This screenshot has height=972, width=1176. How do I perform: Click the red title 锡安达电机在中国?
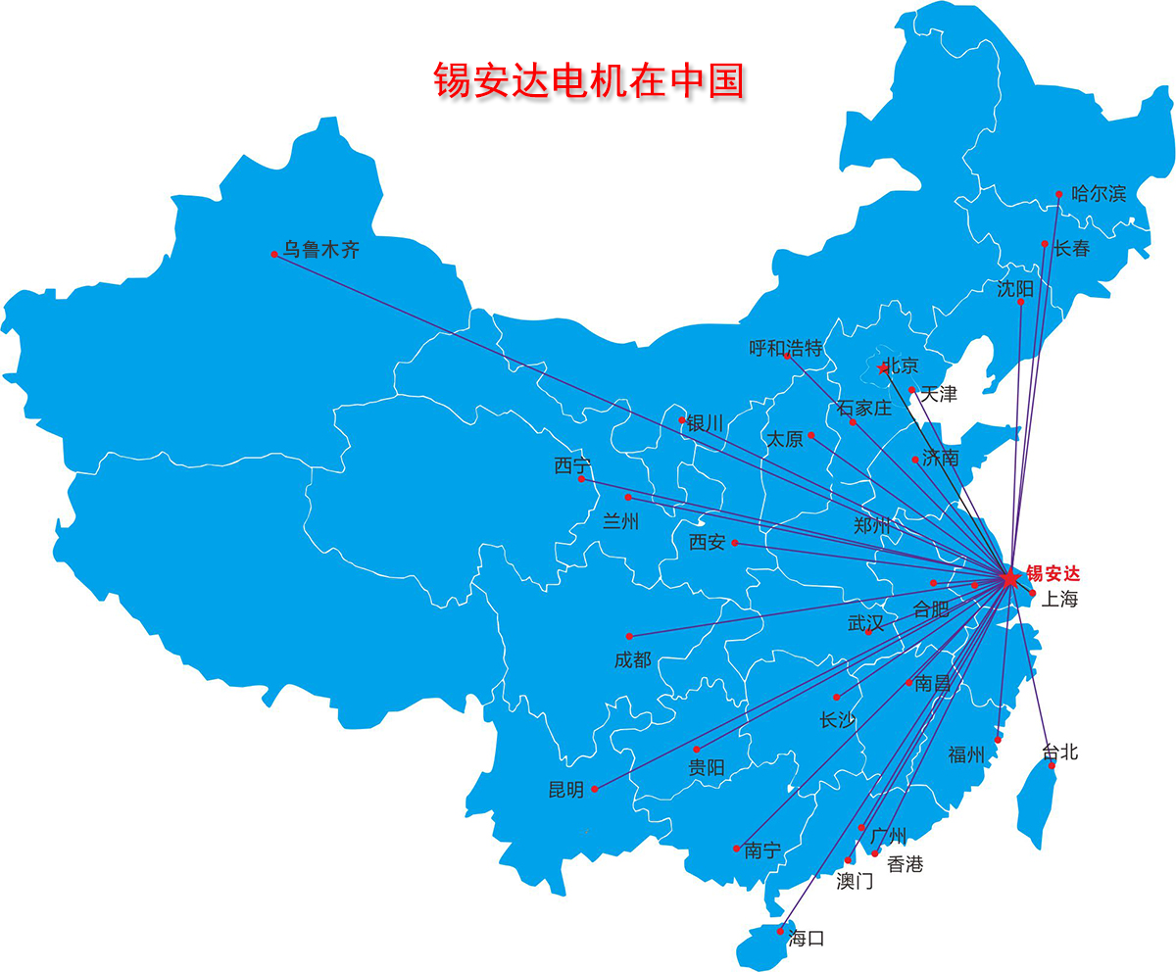tap(589, 81)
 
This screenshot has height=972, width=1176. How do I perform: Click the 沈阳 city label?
tap(1015, 288)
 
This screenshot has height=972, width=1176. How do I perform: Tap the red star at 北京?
tap(883, 368)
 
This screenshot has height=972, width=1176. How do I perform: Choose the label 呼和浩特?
tap(786, 349)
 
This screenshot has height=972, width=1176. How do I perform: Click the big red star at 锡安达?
tap(1009, 578)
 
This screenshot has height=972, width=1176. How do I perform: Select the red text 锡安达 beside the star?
tap(1053, 574)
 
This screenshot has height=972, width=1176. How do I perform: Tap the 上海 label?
tap(1059, 600)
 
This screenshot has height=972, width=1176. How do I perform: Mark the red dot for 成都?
tap(629, 636)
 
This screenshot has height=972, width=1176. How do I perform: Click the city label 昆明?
tap(566, 790)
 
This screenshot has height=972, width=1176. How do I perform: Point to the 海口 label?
tap(807, 939)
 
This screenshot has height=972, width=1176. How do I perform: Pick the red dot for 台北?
tap(1053, 765)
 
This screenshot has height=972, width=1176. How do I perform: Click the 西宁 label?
tap(572, 466)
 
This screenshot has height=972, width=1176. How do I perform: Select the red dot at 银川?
tap(682, 419)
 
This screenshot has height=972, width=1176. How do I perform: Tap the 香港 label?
tap(905, 864)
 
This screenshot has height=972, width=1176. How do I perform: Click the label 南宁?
tap(762, 850)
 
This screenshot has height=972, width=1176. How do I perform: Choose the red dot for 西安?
tap(734, 543)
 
